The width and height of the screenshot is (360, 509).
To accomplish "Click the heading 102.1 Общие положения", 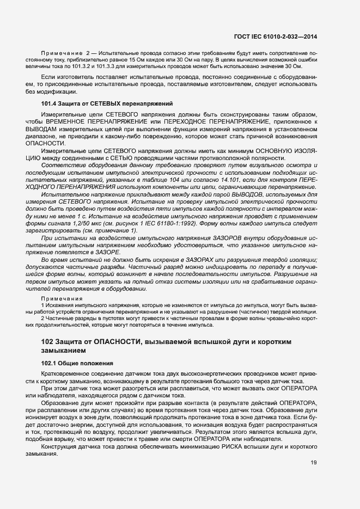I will (77, 363).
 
